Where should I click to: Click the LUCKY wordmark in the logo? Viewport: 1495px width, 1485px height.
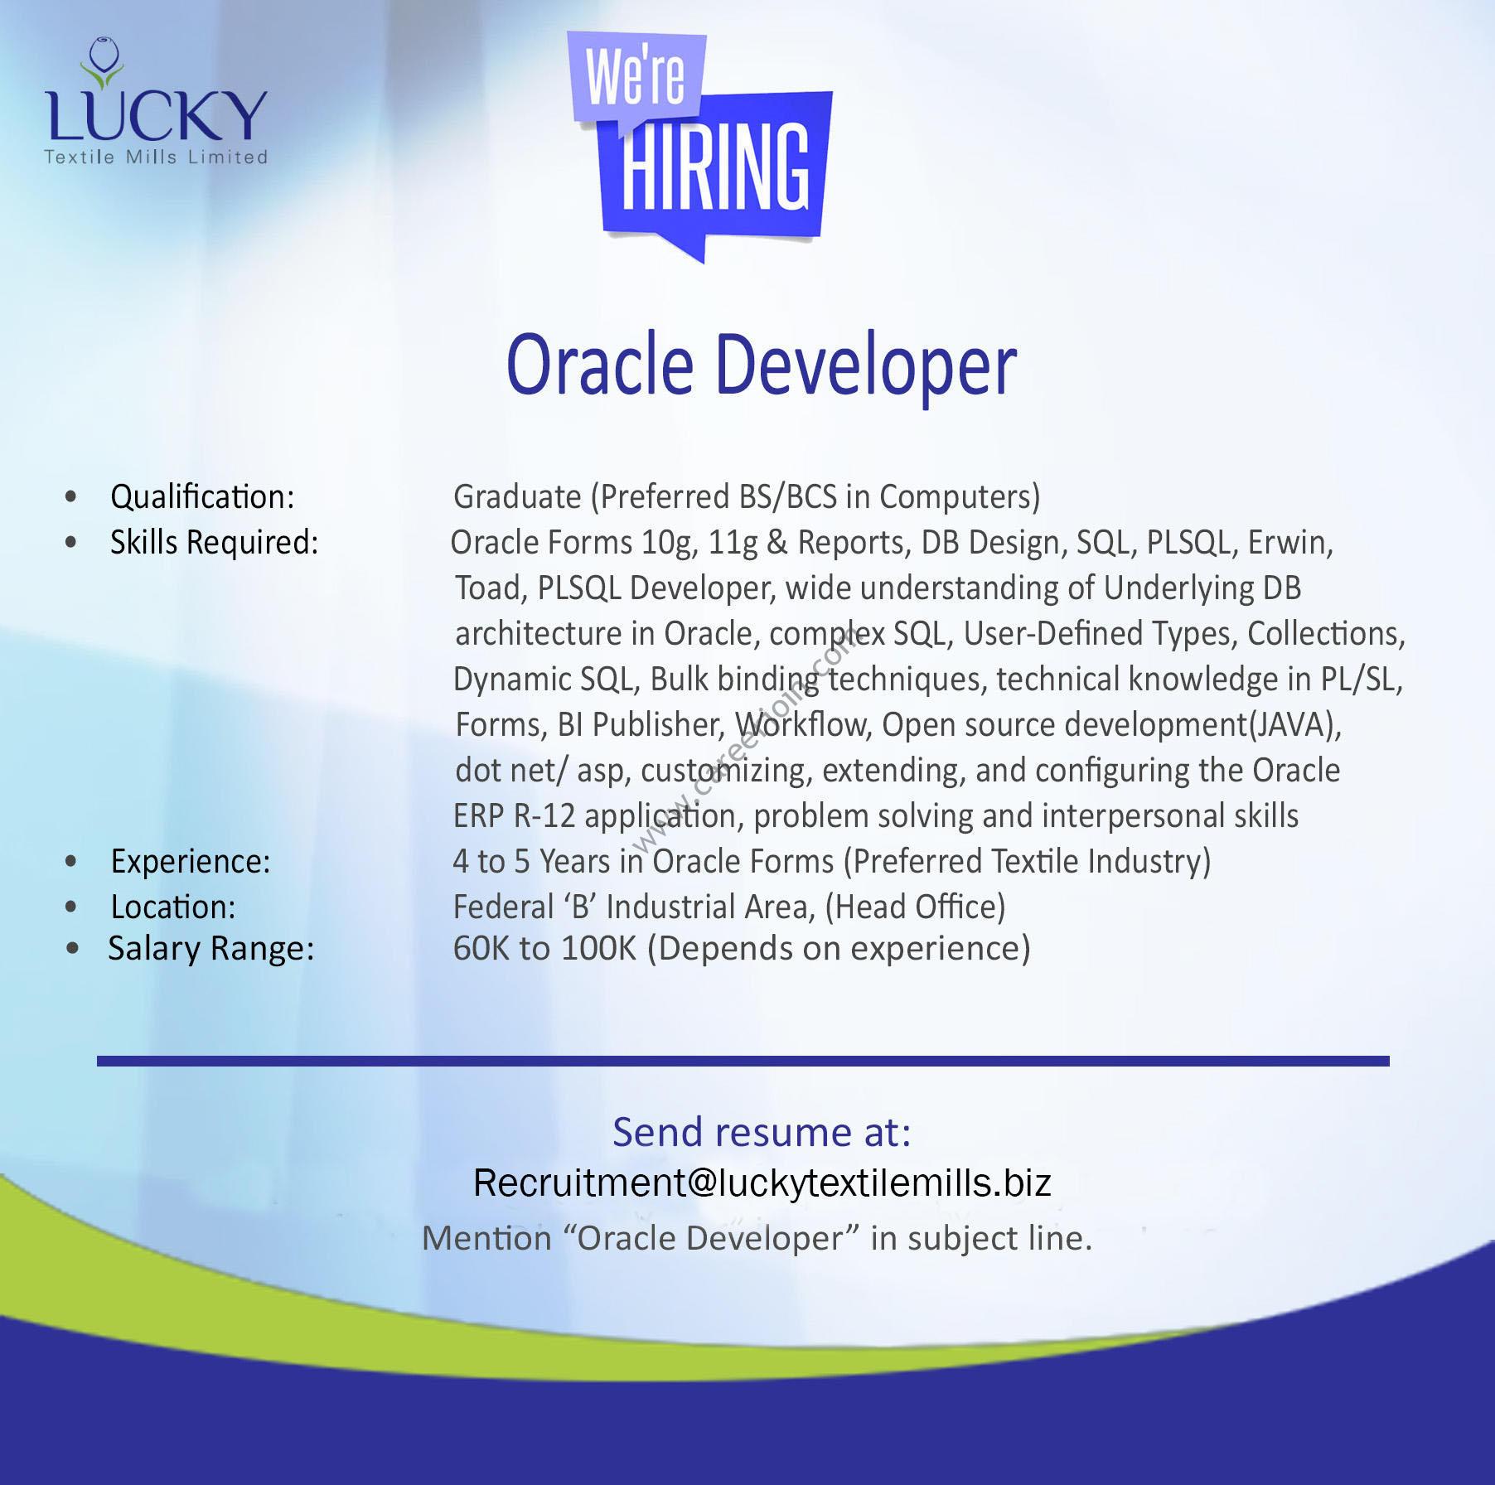pos(157,115)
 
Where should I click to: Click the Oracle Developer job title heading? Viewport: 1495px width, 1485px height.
pos(762,365)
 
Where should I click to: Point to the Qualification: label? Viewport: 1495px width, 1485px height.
pos(202,497)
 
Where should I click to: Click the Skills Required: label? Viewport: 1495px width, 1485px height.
pos(215,543)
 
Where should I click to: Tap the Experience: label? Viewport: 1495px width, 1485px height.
pos(191,862)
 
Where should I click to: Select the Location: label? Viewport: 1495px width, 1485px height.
pos(173,907)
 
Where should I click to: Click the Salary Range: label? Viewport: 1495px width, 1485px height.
pos(211,949)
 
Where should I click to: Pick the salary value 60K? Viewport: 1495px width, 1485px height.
pos(481,949)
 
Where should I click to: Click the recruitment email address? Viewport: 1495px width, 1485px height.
pos(762,1183)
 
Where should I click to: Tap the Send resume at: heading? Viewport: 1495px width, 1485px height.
pos(762,1132)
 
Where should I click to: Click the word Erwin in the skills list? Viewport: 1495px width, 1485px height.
pos(1290,543)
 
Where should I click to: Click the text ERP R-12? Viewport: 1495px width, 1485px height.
pos(514,816)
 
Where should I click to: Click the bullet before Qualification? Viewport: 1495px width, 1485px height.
pos(70,497)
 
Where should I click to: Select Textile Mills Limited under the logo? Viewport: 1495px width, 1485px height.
pos(156,157)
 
